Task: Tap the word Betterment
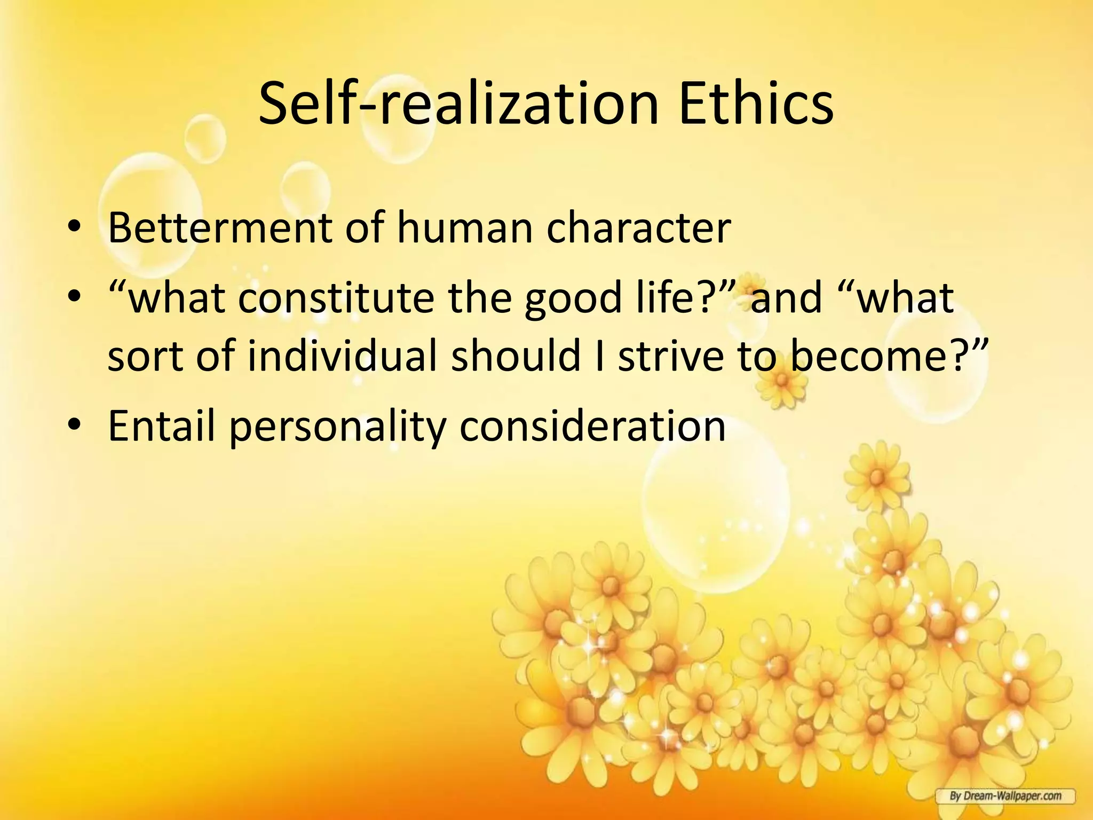[219, 228]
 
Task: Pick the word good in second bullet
[573, 299]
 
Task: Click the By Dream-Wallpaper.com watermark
[1004, 796]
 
